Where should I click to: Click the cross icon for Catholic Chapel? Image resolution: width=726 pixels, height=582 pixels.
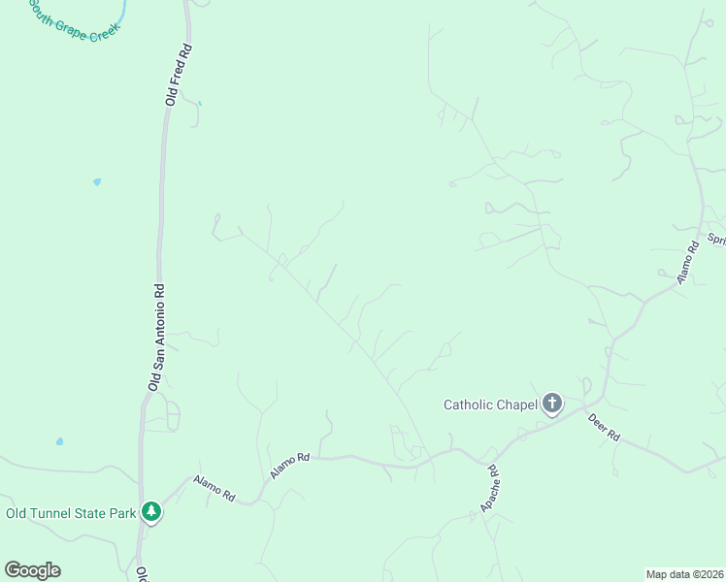point(552,404)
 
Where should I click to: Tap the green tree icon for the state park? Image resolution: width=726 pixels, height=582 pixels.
point(150,511)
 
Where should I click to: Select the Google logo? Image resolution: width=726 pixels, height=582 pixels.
point(32,570)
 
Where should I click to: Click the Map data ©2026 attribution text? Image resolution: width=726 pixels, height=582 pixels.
point(684,573)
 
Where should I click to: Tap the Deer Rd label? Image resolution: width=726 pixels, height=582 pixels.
point(604,428)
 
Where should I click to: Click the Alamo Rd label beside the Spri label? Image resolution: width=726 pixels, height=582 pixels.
point(688,263)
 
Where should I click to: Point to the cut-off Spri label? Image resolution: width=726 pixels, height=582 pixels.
point(716,239)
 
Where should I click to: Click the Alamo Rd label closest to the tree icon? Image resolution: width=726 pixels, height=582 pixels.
point(214,488)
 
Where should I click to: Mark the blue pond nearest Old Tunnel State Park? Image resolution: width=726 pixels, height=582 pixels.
point(60,441)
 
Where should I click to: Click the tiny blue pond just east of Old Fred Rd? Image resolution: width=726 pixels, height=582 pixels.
point(199,103)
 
